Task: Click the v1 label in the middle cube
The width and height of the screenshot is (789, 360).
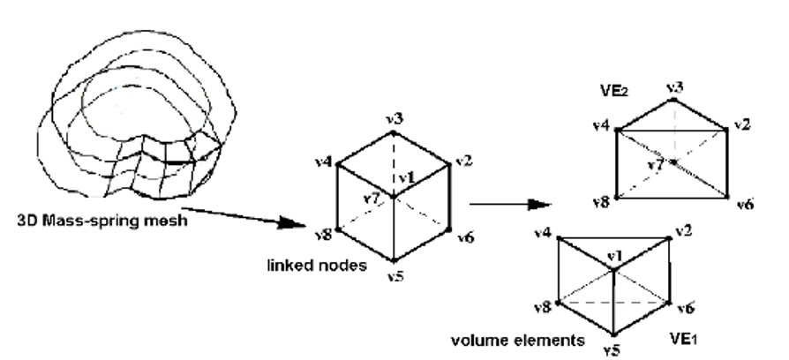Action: click(406, 176)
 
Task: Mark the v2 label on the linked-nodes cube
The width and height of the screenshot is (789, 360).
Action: click(464, 161)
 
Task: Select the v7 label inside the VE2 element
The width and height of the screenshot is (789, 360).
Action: click(653, 165)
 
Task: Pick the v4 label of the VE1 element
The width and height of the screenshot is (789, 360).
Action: click(543, 233)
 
